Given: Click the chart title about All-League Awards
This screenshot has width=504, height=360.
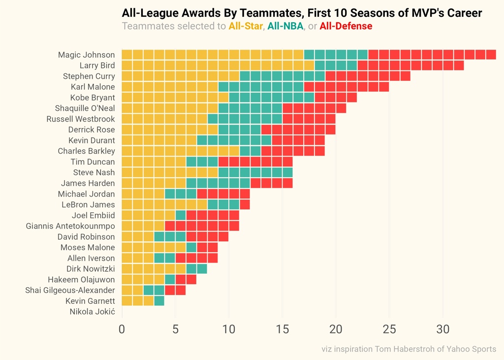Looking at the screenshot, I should (302, 13).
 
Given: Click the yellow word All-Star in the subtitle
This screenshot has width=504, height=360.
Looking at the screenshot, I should (246, 26).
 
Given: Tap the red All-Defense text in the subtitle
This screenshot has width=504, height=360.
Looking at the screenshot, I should (346, 26).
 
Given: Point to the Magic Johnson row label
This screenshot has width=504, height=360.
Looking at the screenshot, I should (86, 55).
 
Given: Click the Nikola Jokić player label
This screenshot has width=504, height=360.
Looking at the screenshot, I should (92, 312).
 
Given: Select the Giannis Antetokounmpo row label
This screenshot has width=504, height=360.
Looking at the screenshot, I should (70, 226).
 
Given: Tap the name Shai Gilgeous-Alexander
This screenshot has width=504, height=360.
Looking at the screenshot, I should (70, 290).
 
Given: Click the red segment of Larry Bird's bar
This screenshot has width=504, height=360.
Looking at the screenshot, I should (410, 65).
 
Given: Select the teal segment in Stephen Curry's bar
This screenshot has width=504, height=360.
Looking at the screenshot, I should (283, 76).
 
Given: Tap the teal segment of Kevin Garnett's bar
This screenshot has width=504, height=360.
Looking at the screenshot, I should (159, 301).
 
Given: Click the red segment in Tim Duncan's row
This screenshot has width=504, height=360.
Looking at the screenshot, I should (255, 162).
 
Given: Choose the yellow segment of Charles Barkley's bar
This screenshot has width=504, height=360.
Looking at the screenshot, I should (181, 151).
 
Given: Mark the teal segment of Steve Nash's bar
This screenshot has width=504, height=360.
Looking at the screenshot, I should (255, 172).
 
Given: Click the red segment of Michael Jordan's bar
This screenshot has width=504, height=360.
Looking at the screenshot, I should (223, 194).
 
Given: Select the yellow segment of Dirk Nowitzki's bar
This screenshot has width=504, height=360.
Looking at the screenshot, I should (154, 269).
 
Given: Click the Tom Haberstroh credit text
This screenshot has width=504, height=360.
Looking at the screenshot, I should (409, 349).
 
